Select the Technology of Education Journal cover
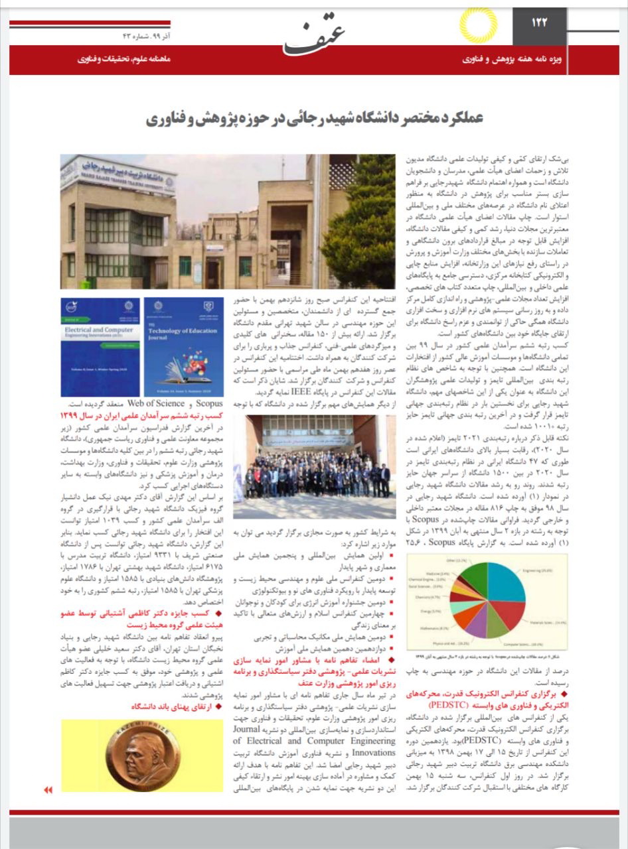pyautogui.click(x=183, y=347)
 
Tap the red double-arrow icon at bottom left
pyautogui.click(x=47, y=790)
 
